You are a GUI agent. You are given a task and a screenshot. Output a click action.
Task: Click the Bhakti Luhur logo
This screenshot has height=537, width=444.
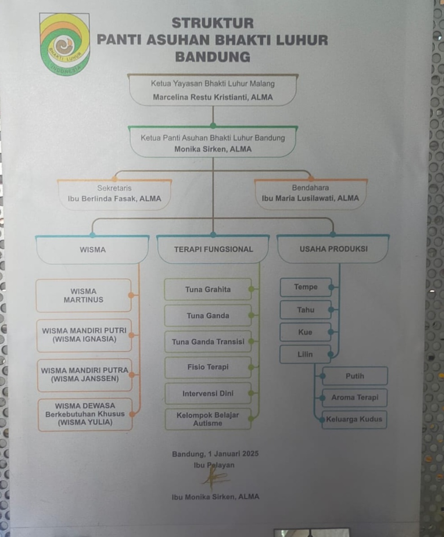[65, 44]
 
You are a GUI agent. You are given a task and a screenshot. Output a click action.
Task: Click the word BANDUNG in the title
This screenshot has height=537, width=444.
[213, 57]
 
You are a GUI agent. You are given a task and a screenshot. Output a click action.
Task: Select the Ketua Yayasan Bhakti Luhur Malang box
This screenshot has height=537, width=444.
[213, 90]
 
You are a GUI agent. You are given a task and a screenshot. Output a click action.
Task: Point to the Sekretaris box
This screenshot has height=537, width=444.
[114, 194]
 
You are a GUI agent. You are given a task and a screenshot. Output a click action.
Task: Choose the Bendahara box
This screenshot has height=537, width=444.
[310, 193]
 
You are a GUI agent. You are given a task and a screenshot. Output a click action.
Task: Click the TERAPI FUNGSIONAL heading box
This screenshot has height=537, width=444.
[213, 249]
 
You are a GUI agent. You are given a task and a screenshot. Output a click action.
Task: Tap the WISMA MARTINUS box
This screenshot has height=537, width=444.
[83, 295]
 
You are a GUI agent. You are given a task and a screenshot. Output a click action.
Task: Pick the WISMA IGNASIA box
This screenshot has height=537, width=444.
[84, 335]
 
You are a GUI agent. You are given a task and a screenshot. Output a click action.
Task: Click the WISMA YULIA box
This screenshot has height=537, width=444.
[85, 414]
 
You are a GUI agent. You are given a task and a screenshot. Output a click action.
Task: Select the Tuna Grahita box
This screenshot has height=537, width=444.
[208, 290]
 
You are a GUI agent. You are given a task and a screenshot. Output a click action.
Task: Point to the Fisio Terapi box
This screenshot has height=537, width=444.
[208, 367]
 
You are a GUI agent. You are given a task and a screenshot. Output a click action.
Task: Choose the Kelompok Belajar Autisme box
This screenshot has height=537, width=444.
[208, 419]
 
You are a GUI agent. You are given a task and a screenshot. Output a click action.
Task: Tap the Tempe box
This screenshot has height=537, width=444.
[306, 287]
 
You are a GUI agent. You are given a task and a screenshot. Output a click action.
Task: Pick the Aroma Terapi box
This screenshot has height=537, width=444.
[354, 398]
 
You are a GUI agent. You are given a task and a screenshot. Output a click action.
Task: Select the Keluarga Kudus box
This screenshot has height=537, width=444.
[354, 420]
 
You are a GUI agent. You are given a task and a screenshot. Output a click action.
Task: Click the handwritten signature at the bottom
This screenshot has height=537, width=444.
[214, 479]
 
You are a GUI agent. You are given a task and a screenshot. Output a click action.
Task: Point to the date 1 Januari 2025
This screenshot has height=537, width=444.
[233, 454]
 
